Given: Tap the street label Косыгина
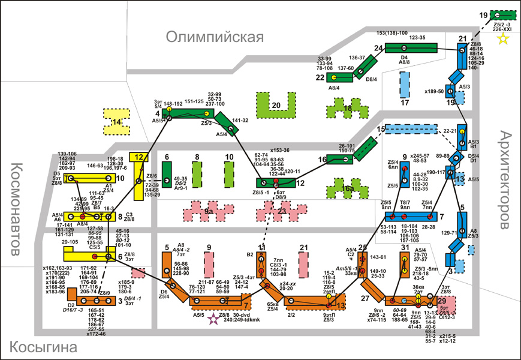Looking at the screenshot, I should [44, 347].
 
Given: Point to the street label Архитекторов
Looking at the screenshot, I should [506, 180].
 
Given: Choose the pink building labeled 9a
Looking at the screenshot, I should [207, 212].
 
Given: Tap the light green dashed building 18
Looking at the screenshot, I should [347, 109].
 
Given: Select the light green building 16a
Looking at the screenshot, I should [347, 190].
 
